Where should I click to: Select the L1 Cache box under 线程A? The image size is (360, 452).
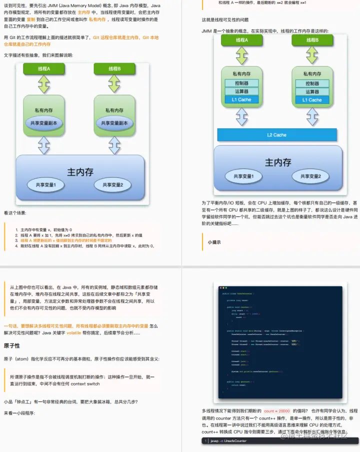click(241, 99)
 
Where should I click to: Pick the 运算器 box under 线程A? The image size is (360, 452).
click(241, 91)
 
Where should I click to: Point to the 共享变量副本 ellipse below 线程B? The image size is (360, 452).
click(114, 123)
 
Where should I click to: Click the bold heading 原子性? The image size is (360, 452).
click(12, 331)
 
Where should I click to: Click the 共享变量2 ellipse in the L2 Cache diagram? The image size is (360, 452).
click(313, 176)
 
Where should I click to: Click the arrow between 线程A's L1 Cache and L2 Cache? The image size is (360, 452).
click(242, 116)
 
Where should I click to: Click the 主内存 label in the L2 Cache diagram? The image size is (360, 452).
click(278, 162)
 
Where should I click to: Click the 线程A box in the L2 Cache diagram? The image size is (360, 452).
click(242, 40)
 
